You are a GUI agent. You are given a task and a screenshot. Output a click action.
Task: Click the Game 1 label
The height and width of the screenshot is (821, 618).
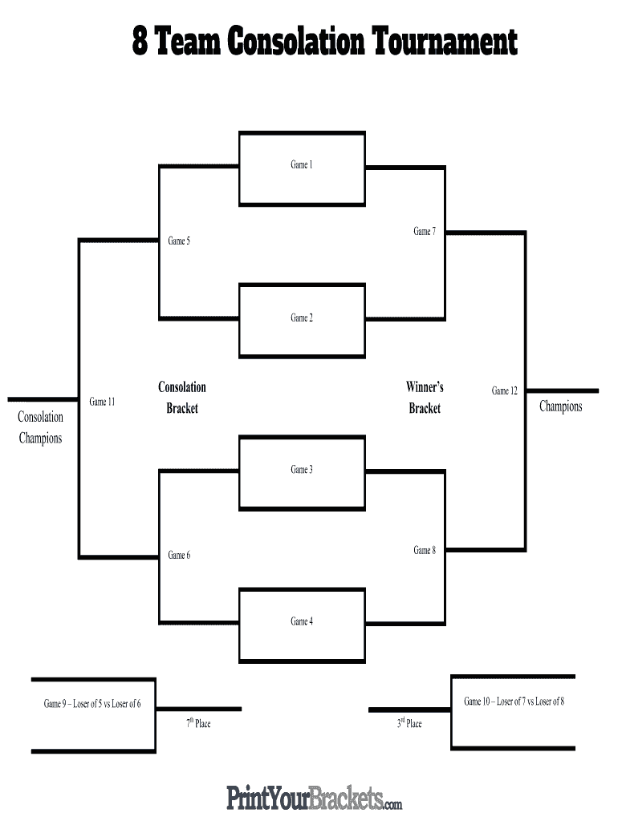(x=301, y=164)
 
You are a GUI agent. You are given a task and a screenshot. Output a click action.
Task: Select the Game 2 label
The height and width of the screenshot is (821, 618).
(x=301, y=318)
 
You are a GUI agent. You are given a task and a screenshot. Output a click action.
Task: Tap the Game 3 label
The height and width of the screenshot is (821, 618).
(x=301, y=470)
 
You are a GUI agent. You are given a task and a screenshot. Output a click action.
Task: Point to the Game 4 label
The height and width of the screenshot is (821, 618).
(x=301, y=621)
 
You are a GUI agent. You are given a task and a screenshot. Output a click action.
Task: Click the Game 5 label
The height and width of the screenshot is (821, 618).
(x=179, y=241)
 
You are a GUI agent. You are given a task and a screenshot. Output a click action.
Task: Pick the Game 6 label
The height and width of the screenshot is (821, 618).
(x=179, y=556)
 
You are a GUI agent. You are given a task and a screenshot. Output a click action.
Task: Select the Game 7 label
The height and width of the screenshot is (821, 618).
(x=425, y=232)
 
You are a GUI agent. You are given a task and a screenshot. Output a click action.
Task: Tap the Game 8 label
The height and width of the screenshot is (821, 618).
(x=425, y=551)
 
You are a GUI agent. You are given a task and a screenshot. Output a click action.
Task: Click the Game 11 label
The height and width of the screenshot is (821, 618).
(x=102, y=402)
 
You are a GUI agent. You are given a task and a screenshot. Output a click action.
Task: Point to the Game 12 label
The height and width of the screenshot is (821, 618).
(x=504, y=391)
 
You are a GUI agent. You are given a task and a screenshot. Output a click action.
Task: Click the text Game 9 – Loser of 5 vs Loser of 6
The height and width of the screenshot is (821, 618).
(x=92, y=704)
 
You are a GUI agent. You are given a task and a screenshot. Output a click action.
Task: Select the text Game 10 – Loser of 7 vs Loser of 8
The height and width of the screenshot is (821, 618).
(x=514, y=702)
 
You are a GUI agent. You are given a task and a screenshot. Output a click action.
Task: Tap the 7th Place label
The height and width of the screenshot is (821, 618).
(x=198, y=724)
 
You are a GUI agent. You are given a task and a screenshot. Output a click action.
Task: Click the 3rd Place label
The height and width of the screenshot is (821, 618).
(x=409, y=724)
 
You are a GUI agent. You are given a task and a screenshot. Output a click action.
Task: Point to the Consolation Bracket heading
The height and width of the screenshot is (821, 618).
(x=182, y=398)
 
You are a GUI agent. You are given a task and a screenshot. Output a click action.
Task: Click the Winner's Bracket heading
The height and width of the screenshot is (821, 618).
(x=425, y=398)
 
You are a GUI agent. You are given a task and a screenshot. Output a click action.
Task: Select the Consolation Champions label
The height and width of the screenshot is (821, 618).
(x=40, y=427)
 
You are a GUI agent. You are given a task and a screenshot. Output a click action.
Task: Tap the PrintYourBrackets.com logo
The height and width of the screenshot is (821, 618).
(x=314, y=799)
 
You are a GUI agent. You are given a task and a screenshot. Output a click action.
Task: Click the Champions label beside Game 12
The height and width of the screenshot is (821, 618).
(x=560, y=406)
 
